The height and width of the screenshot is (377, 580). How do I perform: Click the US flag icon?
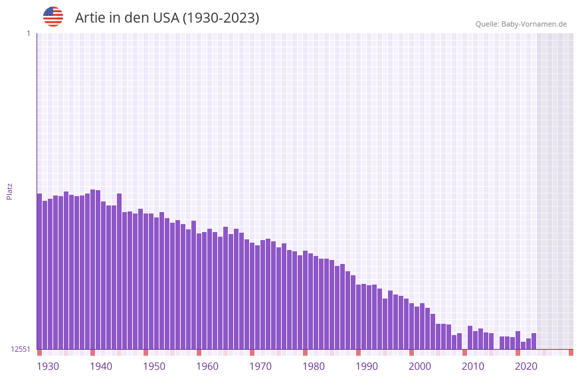point(53,17)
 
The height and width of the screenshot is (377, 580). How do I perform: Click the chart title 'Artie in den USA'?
point(167,18)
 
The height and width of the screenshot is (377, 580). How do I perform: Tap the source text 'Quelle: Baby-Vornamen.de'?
point(521,24)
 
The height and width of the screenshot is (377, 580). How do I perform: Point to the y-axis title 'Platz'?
point(9,191)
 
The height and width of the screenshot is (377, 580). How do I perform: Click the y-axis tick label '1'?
point(28,33)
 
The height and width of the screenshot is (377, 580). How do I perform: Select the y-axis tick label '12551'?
point(21,349)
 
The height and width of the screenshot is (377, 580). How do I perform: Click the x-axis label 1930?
point(48,366)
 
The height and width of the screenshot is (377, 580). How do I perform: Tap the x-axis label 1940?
point(101,366)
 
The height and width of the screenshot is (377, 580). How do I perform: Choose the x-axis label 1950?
point(154,366)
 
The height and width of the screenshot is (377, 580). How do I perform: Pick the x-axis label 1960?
point(207,366)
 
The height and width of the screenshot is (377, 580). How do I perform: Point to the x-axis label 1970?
point(260,366)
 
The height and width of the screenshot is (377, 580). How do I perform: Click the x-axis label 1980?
point(314,366)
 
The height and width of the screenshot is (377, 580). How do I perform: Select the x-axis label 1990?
point(367,366)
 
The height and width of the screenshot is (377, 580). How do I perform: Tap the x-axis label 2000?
point(420,366)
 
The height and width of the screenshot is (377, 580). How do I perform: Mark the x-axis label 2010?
point(473,366)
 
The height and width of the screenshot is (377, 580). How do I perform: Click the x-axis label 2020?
point(526,366)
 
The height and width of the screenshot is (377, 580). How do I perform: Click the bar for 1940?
point(92,269)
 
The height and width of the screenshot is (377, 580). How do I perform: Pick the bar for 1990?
point(358,316)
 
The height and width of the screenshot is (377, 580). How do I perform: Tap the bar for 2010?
point(470,338)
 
